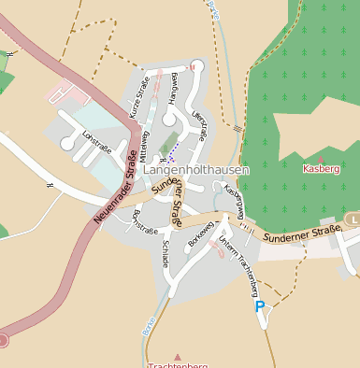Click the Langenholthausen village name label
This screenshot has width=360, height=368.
point(196,171)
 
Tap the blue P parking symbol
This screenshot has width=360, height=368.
point(259,305)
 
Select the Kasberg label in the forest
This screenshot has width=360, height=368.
point(321,168)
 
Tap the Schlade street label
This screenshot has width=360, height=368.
point(166,253)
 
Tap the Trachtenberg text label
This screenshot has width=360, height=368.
point(177,365)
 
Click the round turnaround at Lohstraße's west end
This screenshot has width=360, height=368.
point(67,144)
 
